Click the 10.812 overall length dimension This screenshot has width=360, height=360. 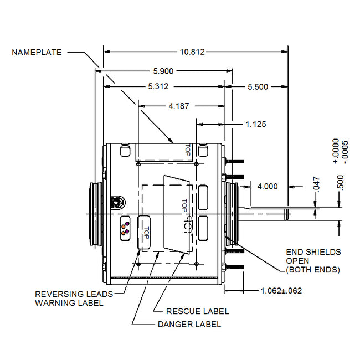(192, 52)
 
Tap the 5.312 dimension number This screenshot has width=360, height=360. (158, 86)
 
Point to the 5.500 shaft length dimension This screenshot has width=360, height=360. (258, 86)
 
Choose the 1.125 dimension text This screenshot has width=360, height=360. (256, 124)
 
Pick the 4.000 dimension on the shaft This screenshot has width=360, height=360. (267, 186)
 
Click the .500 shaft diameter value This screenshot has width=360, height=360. (340, 182)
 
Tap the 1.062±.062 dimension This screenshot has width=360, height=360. (281, 290)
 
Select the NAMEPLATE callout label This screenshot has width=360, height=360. (37, 53)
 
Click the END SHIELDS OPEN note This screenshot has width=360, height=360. (313, 261)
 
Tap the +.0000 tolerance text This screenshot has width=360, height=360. (336, 151)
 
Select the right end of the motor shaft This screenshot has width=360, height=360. (287, 214)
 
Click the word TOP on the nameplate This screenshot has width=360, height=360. (187, 149)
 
